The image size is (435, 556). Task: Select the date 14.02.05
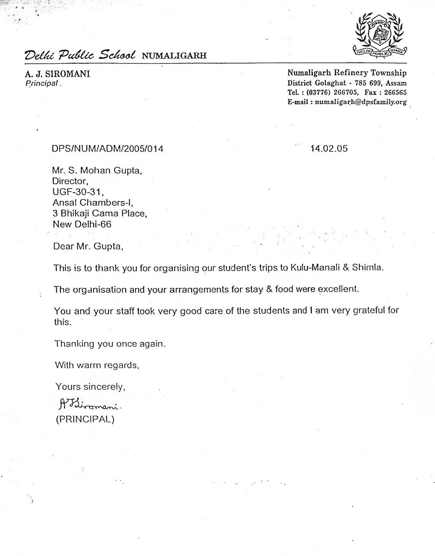[328, 148]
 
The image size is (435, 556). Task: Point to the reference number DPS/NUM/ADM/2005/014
[108, 148]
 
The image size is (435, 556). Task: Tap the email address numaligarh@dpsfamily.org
[361, 102]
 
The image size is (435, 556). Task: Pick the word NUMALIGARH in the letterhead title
[174, 56]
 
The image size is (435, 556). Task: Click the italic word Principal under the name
[42, 83]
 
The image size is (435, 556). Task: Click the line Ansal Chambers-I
[93, 203]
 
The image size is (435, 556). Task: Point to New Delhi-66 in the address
[82, 224]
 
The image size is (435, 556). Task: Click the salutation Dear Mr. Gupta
[88, 246]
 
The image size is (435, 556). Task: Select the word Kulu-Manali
[313, 268]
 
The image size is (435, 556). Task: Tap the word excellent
[339, 289]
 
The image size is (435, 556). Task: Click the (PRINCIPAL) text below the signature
[85, 420]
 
